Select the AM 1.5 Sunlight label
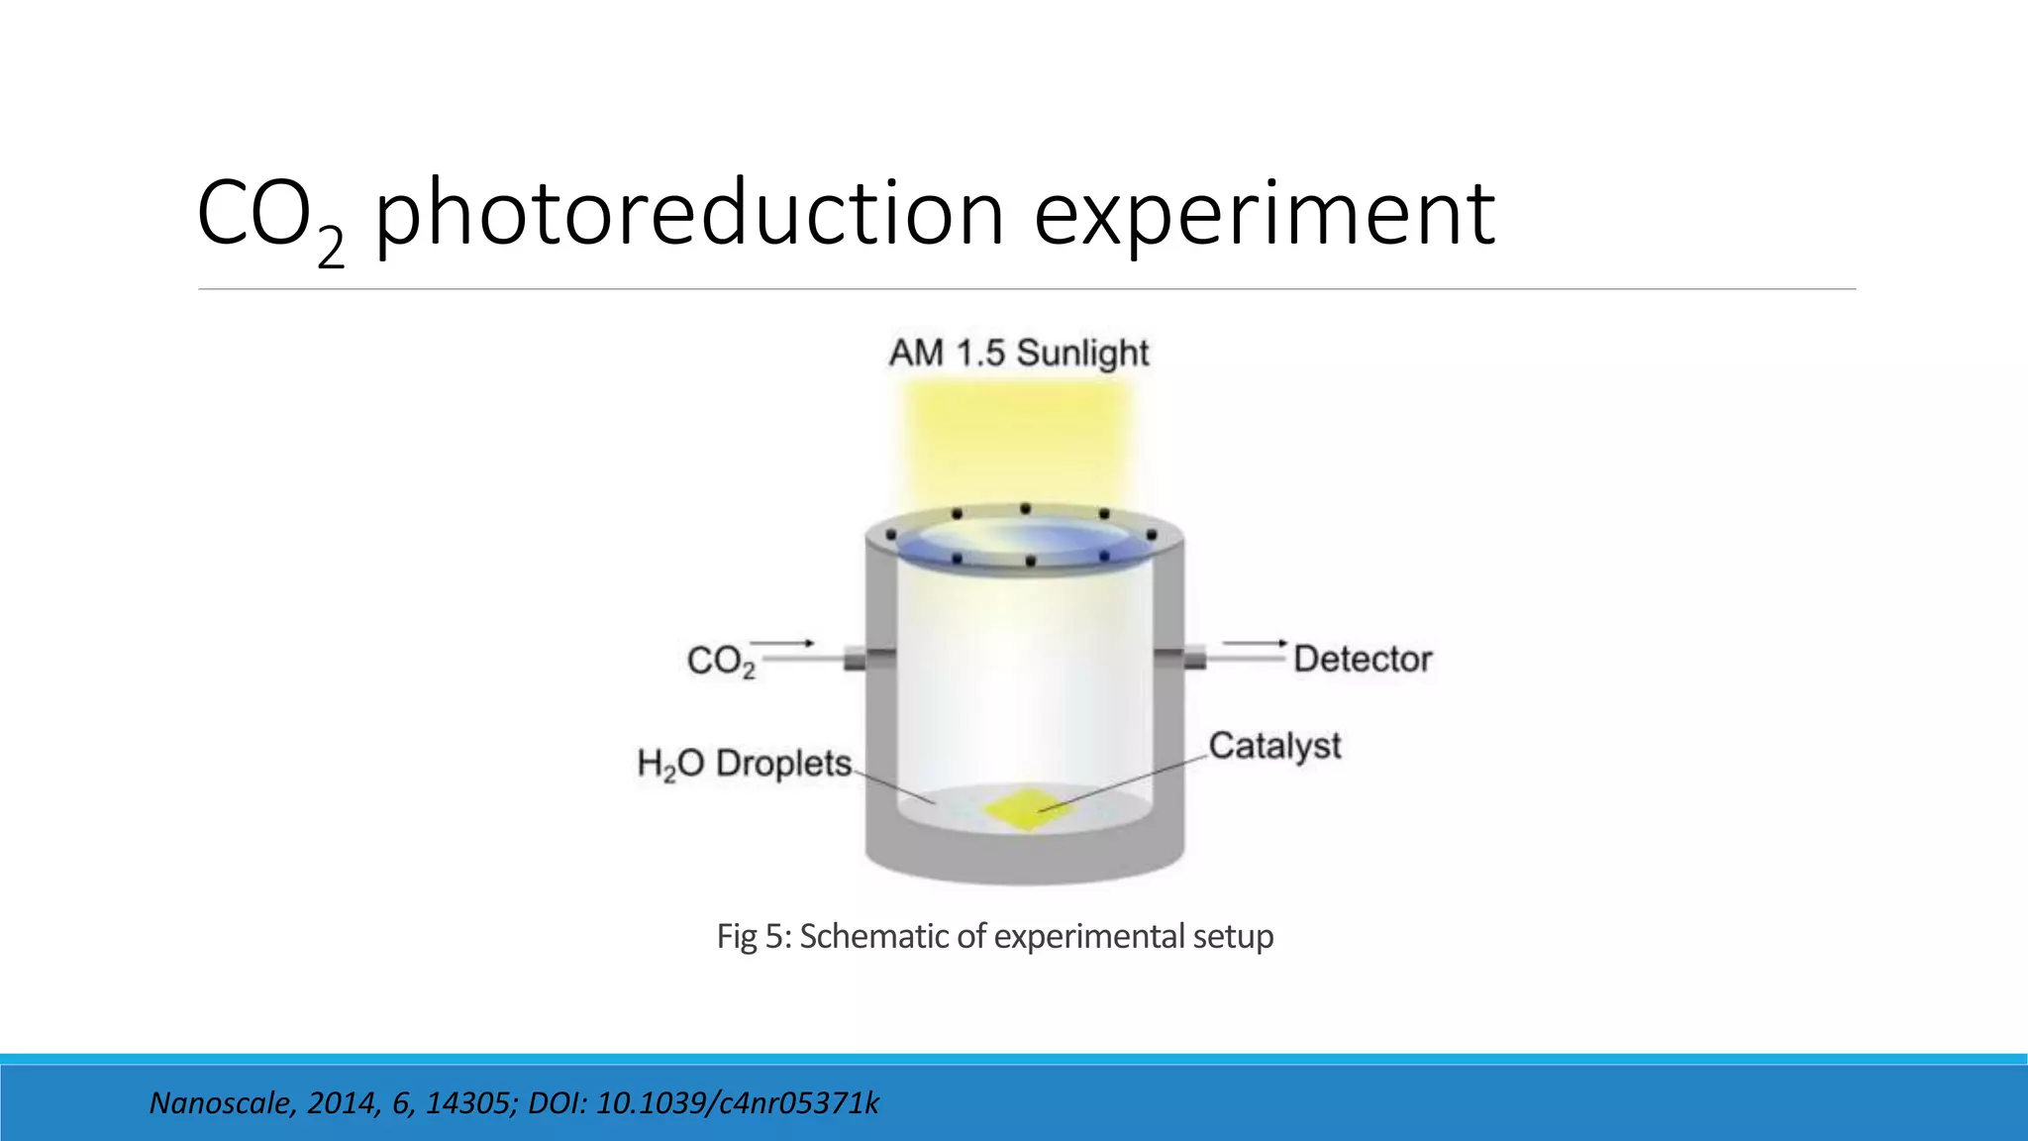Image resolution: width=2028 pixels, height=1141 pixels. coord(1018,354)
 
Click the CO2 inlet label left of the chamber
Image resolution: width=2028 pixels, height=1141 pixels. coord(720,661)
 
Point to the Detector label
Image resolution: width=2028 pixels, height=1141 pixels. coord(1362,659)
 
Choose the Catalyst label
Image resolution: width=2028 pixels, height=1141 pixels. coord(1274,746)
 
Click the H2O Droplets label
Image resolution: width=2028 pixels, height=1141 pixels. coord(744,764)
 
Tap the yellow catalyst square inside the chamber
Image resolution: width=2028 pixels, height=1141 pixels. coord(1028,808)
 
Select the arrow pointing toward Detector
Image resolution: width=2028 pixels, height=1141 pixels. coord(1256,644)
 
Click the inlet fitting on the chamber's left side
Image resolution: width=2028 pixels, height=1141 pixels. coord(856,658)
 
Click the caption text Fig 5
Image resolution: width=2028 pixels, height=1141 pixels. coord(753,936)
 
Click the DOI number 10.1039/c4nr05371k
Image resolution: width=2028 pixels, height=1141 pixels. coord(737,1103)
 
